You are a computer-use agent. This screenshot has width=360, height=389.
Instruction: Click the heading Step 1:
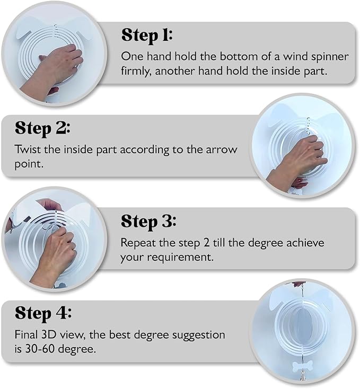(147, 35)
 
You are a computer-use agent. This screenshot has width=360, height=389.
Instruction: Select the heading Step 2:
(42, 128)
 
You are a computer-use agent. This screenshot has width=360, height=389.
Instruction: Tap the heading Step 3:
(148, 222)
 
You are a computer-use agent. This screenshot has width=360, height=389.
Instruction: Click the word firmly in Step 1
(137, 70)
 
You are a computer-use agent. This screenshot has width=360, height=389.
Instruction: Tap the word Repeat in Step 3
(137, 243)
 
